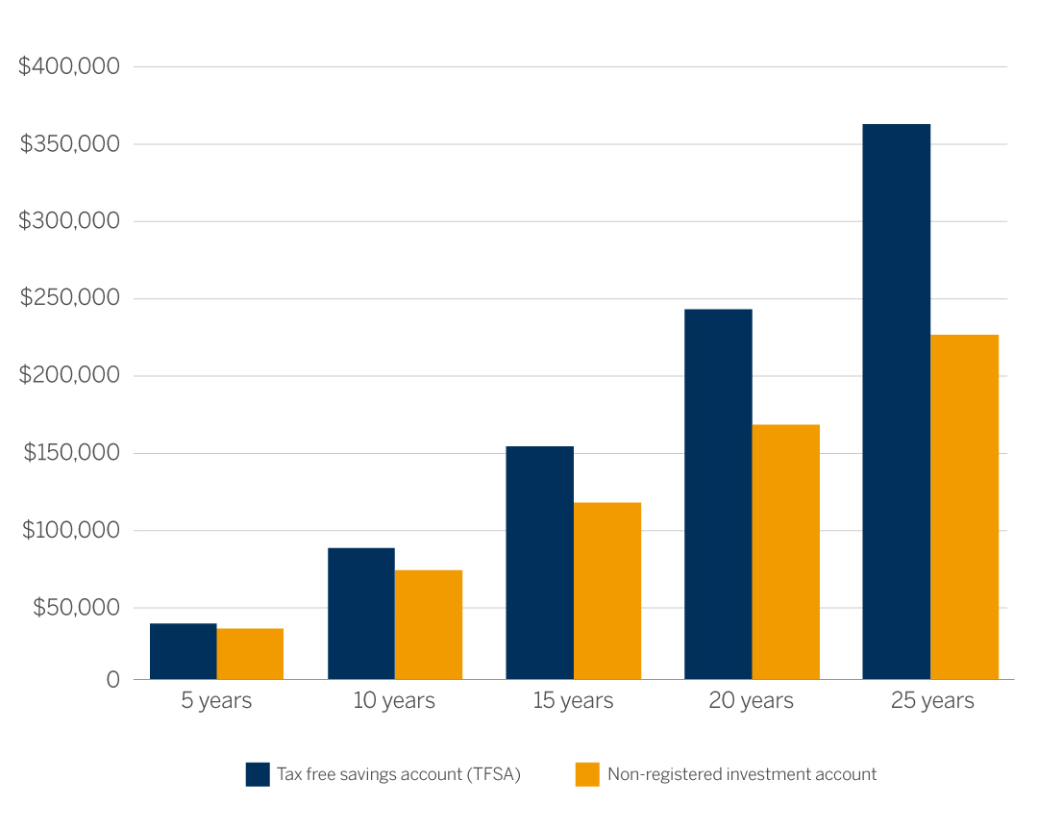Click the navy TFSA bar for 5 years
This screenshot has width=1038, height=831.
[x=184, y=651]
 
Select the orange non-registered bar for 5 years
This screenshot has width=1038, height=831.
[x=250, y=654]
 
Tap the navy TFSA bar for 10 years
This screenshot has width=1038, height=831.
[x=361, y=614]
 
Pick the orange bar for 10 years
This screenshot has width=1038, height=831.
[x=429, y=625]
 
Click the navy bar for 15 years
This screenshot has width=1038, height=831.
[x=539, y=563]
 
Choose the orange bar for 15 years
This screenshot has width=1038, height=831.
[x=607, y=591]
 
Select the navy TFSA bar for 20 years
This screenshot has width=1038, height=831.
[x=718, y=494]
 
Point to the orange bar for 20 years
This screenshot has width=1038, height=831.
[x=786, y=552]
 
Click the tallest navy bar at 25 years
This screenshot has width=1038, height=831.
[x=896, y=402]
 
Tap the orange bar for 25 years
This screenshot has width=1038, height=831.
[x=965, y=507]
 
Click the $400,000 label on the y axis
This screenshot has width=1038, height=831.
[x=69, y=66]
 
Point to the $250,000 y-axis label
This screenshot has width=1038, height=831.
[x=69, y=298]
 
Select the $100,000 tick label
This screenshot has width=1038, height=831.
[x=69, y=530]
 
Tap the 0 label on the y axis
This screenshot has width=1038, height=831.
[x=112, y=680]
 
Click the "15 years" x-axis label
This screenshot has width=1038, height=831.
[x=573, y=701]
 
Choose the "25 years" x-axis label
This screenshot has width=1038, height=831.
[x=932, y=701]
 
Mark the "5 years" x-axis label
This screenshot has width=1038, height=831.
[x=216, y=701]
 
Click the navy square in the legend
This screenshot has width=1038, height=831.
[x=258, y=774]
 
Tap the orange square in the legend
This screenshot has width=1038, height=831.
[x=587, y=774]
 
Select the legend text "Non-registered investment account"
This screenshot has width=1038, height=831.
[x=742, y=774]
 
